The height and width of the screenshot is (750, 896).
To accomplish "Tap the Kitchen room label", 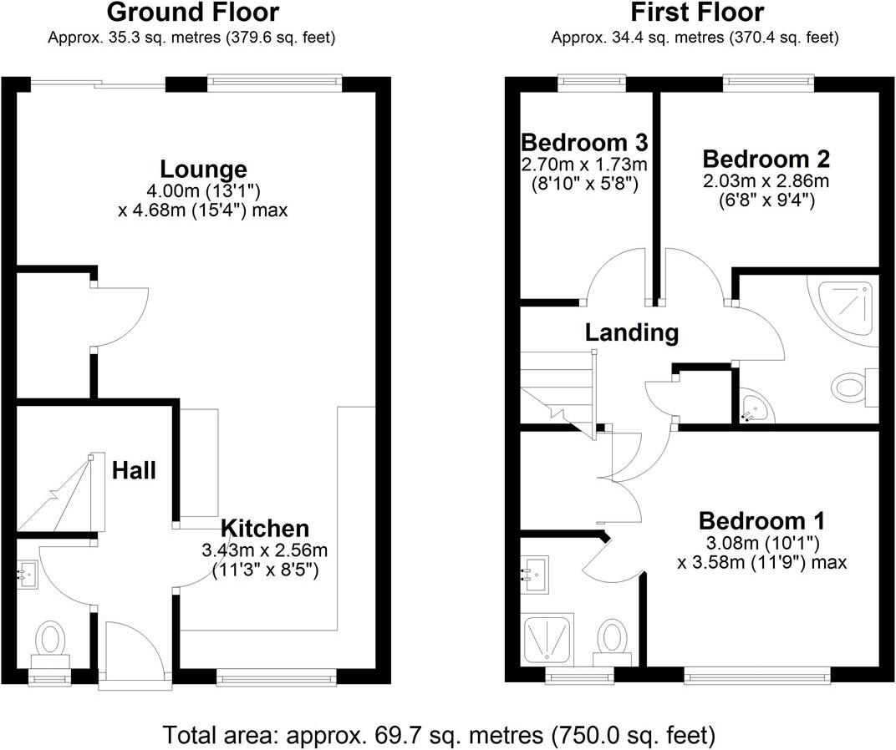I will (x=265, y=528).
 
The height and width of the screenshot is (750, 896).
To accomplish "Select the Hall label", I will (x=135, y=471).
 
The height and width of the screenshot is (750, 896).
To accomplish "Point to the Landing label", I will (x=631, y=332).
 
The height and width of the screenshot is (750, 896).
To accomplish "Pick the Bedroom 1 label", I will (x=761, y=521).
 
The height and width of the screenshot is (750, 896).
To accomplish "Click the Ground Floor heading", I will (x=193, y=13).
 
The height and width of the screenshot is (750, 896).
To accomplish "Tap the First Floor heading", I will (x=696, y=13).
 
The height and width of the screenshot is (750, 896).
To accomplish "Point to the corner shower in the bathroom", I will (x=844, y=309).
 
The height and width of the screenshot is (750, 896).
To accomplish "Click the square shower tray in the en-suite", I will (x=547, y=639).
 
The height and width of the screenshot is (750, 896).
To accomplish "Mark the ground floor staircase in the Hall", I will (x=59, y=497).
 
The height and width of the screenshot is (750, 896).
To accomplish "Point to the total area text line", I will (x=440, y=735).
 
